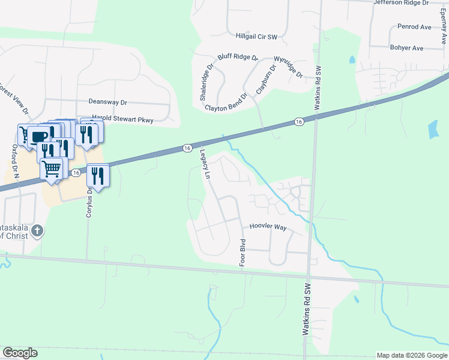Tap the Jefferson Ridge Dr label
click(x=401, y=3)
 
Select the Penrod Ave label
click(x=414, y=27)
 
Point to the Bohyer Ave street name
click(x=406, y=48)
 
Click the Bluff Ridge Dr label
click(x=237, y=58)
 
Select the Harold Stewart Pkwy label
click(x=122, y=120)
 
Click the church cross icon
click(x=37, y=230)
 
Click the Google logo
click(x=20, y=353)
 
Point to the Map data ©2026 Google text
click(x=411, y=355)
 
